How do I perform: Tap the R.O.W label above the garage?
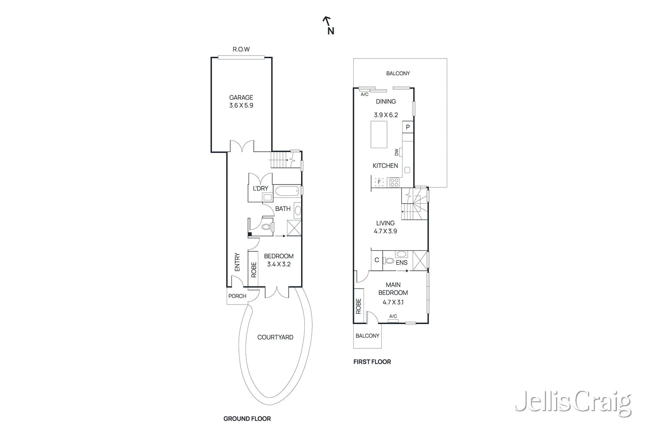241,49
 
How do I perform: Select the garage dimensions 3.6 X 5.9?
241,105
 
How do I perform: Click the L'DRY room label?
260,188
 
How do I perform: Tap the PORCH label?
237,296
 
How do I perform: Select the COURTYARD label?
275,337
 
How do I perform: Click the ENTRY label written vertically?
237,262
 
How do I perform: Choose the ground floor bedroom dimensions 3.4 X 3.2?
278,265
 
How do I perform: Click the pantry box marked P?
408,127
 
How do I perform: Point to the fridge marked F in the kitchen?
379,181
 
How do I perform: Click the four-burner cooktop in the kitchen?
394,182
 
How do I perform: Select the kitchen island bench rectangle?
379,135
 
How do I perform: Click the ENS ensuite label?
401,262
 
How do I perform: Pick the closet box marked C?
377,260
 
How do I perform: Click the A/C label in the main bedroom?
393,316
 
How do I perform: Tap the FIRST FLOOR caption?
372,362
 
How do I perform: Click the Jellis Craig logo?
573,402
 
